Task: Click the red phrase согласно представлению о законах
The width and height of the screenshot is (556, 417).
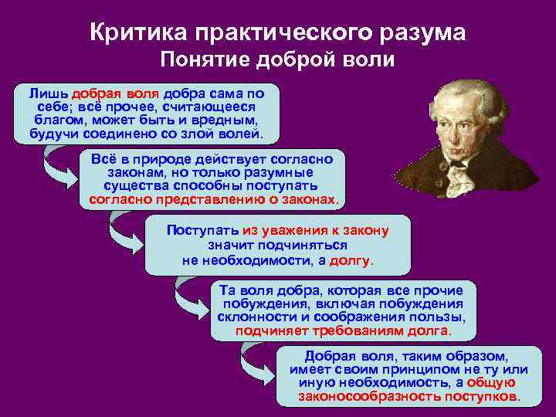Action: pyautogui.click(x=213, y=199)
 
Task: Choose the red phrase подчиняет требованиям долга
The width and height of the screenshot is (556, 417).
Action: pyautogui.click(x=343, y=331)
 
